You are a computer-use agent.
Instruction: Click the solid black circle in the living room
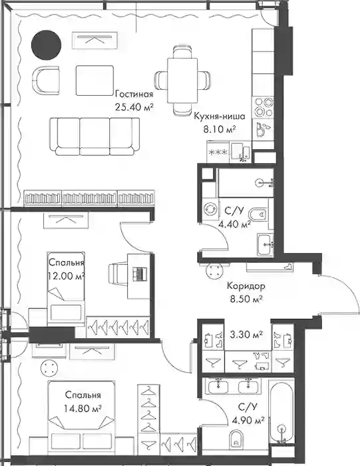pyautogui.click(x=47, y=45)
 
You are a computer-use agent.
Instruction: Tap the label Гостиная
pyautogui.click(x=134, y=95)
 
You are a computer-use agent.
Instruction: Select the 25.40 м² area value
pyautogui.click(x=134, y=107)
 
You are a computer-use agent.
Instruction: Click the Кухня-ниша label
pyautogui.click(x=220, y=116)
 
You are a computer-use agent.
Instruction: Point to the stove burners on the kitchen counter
pyautogui.click(x=263, y=107)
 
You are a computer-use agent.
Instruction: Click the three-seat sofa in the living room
pyautogui.click(x=94, y=136)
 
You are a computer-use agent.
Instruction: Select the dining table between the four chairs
pyautogui.click(x=182, y=81)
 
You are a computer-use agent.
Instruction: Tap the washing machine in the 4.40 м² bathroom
pyautogui.click(x=211, y=208)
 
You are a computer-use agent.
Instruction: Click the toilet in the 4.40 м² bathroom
pyautogui.click(x=258, y=214)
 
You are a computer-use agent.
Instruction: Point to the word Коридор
pyautogui.click(x=246, y=286)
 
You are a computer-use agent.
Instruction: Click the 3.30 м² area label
pyautogui.click(x=246, y=335)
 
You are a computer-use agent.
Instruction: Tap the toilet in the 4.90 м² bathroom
pyautogui.click(x=236, y=439)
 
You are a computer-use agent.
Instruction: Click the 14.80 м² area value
pyautogui.click(x=83, y=408)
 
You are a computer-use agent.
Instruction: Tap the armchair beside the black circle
pyautogui.click(x=45, y=81)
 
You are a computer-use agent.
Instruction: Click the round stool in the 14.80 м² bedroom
pyautogui.click(x=49, y=367)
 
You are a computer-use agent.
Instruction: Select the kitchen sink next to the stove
pyautogui.click(x=263, y=129)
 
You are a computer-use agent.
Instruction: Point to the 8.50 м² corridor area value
pyautogui.click(x=246, y=298)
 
